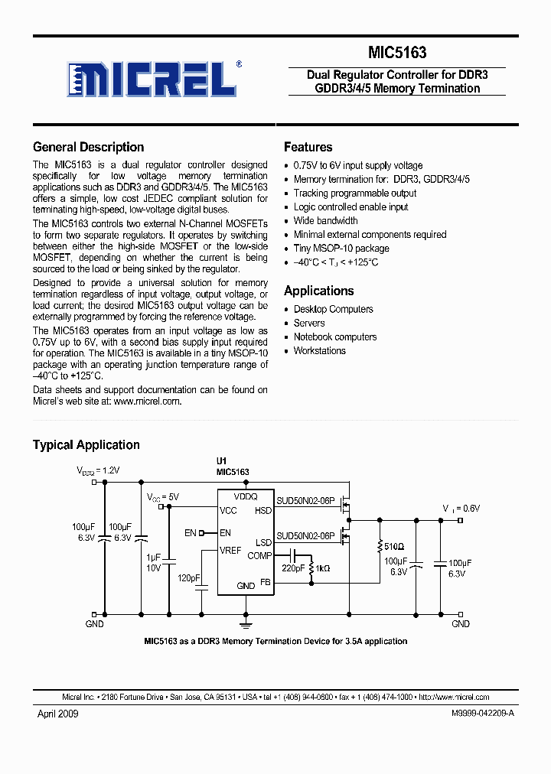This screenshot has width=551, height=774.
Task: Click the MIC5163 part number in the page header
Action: pyautogui.click(x=397, y=53)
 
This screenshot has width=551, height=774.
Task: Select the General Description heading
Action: pyautogui.click(x=88, y=147)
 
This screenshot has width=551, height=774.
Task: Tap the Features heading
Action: pyautogui.click(x=308, y=147)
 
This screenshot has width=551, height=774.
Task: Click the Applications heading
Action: pyautogui.click(x=318, y=291)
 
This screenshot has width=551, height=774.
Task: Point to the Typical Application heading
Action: pyautogui.click(x=86, y=444)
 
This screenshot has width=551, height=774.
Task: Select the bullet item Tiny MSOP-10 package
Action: pyautogui.click(x=341, y=249)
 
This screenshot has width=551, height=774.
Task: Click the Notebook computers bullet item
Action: pyautogui.click(x=335, y=337)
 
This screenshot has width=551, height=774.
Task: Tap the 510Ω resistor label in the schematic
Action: pyautogui.click(x=394, y=546)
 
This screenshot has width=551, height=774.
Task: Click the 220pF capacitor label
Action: pyautogui.click(x=292, y=568)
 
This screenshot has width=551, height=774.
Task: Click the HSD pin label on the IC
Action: pyautogui.click(x=263, y=511)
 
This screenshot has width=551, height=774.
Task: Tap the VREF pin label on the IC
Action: pyautogui.click(x=231, y=551)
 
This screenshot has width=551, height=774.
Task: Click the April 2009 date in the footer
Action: pyautogui.click(x=57, y=714)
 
